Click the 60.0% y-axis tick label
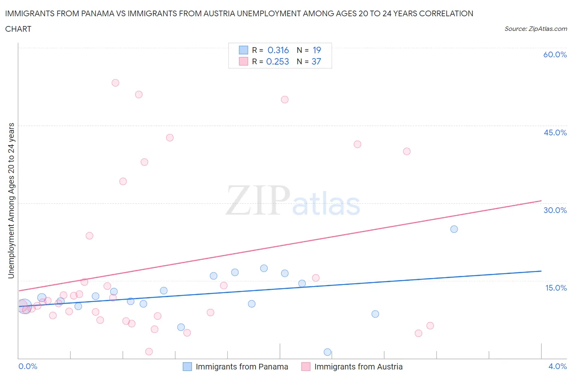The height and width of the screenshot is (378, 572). [555, 54]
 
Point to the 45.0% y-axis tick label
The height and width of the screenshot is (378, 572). [555, 133]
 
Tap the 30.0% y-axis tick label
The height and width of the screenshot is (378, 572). [555, 210]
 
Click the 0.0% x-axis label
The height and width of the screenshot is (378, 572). [28, 366]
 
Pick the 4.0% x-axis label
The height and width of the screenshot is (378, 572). [557, 366]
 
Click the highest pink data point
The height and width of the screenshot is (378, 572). [116, 83]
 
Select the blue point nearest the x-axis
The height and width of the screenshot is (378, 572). [327, 352]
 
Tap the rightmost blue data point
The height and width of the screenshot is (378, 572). [454, 229]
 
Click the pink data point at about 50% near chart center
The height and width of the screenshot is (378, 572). [285, 100]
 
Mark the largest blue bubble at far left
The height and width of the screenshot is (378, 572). [24, 306]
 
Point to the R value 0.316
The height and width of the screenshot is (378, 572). [278, 50]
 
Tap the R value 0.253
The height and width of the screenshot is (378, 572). [277, 61]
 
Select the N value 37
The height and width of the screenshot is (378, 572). [316, 61]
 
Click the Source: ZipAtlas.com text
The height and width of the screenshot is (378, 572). [535, 28]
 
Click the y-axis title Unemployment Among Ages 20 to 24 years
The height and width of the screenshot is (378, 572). [11, 200]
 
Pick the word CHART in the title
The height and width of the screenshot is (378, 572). [18, 29]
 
